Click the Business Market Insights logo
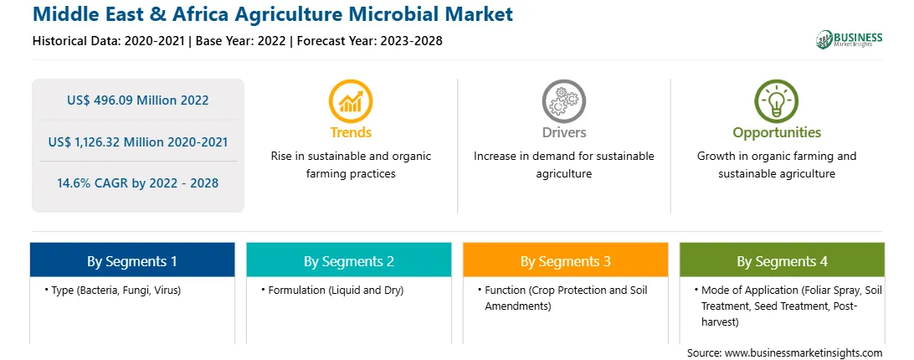[x=850, y=39]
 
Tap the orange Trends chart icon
[x=351, y=101]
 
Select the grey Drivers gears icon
[x=563, y=101]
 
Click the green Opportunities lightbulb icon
[x=777, y=101]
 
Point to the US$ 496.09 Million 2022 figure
[x=137, y=100]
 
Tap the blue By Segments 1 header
[x=132, y=260]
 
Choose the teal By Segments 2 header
[x=348, y=260]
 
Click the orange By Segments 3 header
[x=566, y=260]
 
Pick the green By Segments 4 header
[x=783, y=260]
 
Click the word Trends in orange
[x=351, y=132]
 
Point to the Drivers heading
[x=564, y=132]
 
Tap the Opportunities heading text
[x=777, y=132]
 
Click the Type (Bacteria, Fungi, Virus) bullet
[x=112, y=290]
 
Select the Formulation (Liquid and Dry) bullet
[x=331, y=290]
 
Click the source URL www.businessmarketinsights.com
[x=804, y=353]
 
